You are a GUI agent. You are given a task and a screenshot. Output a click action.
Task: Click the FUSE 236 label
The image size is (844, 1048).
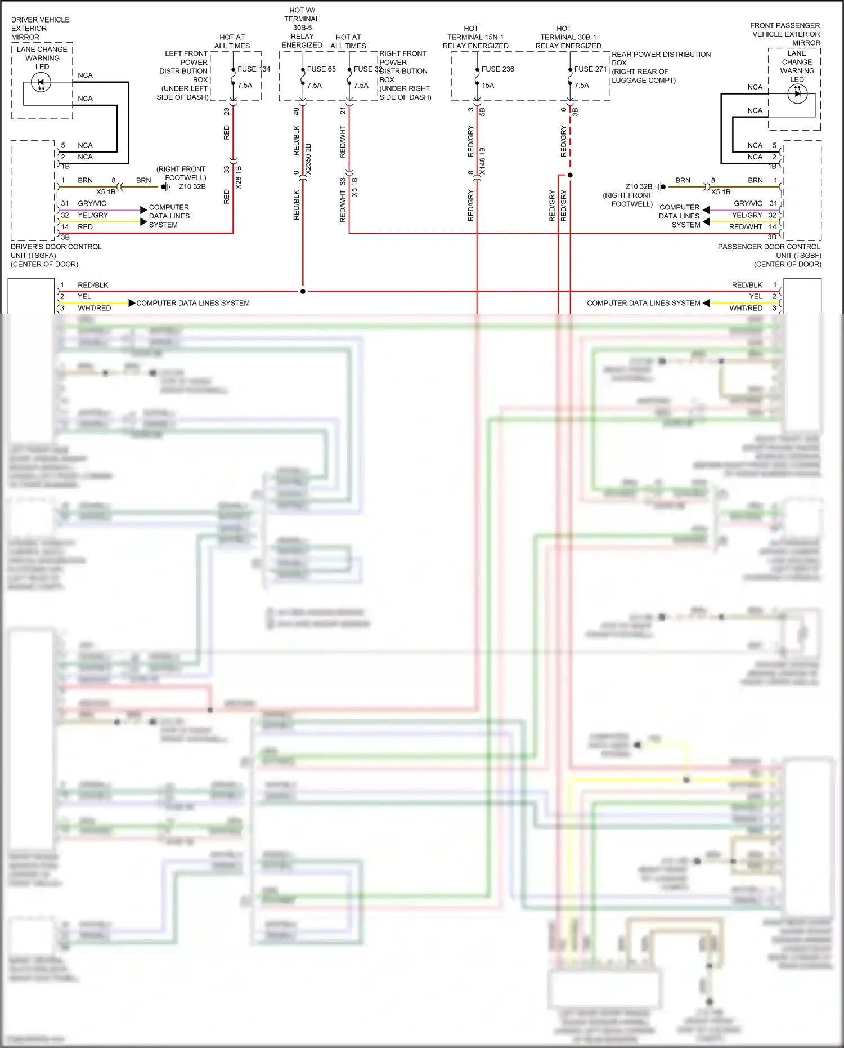pos(497,69)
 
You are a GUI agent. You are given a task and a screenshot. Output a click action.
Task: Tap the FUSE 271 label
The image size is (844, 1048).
pos(590,69)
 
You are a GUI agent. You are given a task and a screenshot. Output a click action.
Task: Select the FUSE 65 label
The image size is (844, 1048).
pos(321,69)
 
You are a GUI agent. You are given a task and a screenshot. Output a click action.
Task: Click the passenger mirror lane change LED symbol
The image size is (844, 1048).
pos(797,93)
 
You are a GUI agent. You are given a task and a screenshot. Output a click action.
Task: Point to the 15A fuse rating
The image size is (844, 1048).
pos(488,86)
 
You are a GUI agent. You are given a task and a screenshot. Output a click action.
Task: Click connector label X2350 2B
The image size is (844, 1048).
pos(308,159)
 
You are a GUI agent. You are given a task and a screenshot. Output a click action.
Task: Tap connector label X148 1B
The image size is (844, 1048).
pos(482,161)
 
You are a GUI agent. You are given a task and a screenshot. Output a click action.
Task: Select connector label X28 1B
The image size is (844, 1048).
pos(238,177)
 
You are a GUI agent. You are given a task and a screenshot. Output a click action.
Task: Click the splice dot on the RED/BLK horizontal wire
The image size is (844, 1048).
pos(303,292)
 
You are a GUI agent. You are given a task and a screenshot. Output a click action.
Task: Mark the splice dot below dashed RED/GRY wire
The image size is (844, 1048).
pos(570,175)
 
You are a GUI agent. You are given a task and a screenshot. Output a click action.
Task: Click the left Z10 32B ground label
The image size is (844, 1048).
pos(192,186)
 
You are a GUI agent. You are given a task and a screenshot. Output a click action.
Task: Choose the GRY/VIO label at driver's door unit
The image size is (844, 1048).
pos(92,203)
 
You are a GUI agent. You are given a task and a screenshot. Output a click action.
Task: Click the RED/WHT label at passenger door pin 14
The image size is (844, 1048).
pos(746,227)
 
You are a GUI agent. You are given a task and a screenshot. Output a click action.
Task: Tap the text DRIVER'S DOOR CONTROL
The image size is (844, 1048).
pos(56,247)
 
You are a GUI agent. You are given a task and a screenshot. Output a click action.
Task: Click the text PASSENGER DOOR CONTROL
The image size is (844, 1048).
pos(769,247)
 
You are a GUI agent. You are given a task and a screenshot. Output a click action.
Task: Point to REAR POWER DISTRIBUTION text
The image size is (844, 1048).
pos(661,55)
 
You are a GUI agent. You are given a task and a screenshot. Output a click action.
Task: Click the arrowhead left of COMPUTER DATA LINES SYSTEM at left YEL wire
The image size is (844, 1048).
pos(132,303)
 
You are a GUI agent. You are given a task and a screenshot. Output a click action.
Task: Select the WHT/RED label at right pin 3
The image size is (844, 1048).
pos(746,308)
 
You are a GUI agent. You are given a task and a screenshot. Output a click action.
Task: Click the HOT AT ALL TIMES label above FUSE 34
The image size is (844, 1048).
pos(232,42)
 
